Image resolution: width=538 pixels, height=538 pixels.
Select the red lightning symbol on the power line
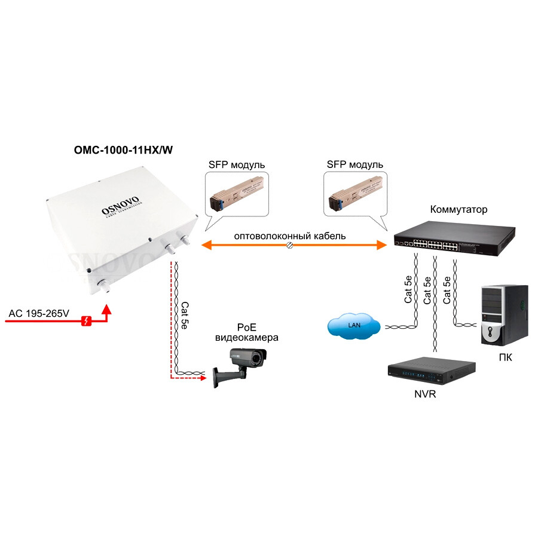pos(87,322)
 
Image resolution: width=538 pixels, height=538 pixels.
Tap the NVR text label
pos(424,394)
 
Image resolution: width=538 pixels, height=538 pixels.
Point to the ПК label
pos(505,358)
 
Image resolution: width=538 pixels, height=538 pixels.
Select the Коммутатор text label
pos(458,210)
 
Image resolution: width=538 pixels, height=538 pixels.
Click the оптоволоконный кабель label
pos(290,236)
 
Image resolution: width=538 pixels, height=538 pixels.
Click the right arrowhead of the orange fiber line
pos(383,244)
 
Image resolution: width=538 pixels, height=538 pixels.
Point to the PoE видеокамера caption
pos(246,332)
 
